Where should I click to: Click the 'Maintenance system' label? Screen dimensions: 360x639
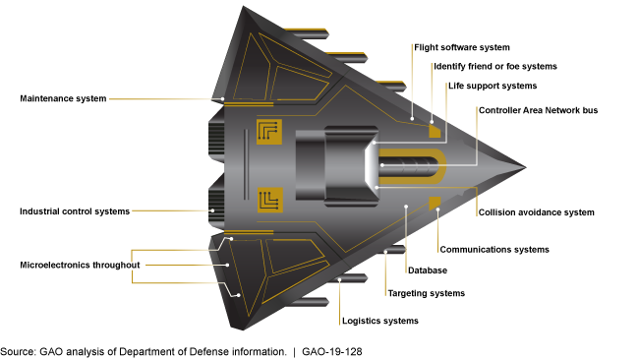63,98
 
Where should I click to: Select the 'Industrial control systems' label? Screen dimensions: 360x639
75,211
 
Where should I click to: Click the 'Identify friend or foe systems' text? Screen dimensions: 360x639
495,67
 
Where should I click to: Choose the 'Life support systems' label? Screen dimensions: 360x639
493,87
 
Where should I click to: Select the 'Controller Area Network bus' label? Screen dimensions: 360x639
538,110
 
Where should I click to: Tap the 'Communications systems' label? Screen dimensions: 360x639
494,250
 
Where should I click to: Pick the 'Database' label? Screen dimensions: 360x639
429,270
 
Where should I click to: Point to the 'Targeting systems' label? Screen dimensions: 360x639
426,293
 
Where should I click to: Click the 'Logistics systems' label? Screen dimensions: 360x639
379,321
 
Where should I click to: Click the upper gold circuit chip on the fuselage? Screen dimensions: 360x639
268,132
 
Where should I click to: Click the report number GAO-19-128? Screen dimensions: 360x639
331,350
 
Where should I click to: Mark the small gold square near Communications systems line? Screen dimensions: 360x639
434,202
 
